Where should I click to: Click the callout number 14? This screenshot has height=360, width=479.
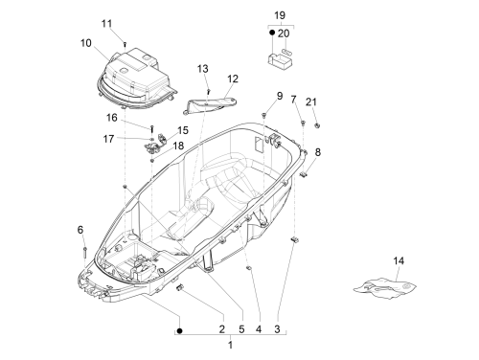pos(399,260)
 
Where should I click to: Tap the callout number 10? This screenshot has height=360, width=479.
pos(86,43)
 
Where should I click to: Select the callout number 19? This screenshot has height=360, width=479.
pos(280,15)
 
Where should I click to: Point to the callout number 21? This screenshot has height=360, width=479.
pos(311,101)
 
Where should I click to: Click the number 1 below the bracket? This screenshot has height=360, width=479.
pos(230,345)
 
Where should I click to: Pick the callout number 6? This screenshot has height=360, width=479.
pos(80,230)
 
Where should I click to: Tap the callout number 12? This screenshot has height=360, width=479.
pos(233,79)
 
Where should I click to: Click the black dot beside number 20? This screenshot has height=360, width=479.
pos(272,33)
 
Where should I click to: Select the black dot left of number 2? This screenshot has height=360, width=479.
pos(179,331)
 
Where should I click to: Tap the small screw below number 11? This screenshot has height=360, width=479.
pos(125,45)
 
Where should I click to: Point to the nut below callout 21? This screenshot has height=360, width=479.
pos(317,125)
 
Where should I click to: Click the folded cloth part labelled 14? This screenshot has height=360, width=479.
pos(384,288)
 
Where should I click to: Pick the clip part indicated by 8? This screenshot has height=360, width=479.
pos(304,174)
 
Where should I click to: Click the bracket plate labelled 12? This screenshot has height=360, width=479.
pos(210,105)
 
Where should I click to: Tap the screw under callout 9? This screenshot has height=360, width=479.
pos(264,115)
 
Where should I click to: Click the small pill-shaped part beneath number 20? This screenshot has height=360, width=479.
pos(286,51)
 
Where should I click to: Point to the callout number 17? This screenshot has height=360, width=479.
pos(108,139)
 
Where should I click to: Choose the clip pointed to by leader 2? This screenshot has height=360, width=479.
pos(180,287)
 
